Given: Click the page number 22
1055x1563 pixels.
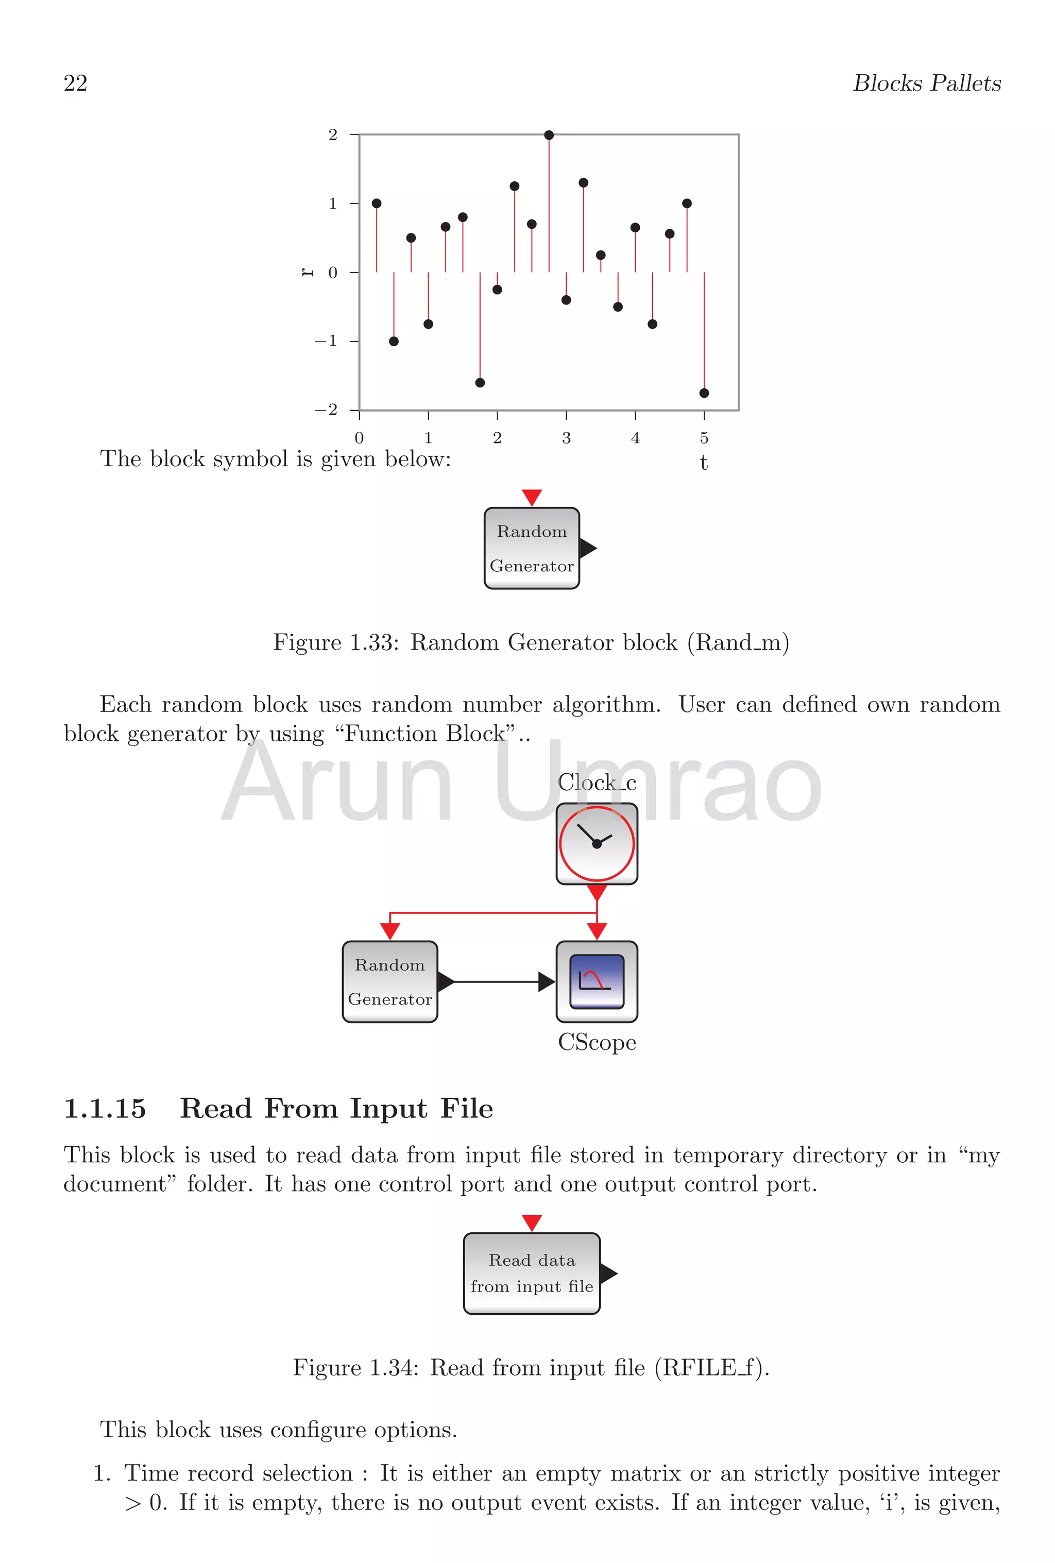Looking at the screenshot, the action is [x=75, y=83].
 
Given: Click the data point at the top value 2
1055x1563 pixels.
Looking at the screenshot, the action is [x=549, y=135].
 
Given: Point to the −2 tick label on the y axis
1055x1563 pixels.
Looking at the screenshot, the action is [x=326, y=410].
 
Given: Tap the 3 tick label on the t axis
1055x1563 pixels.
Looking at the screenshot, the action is [x=566, y=438].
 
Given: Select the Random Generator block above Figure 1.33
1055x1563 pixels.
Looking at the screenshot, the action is [x=531, y=548].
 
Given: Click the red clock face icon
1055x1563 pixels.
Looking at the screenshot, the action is [x=597, y=843].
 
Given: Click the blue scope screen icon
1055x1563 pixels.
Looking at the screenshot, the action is [x=597, y=981].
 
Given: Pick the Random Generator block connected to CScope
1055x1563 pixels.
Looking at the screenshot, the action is [x=389, y=981].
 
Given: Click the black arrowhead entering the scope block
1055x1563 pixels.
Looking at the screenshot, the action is [x=547, y=982].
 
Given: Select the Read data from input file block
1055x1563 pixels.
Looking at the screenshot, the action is [x=531, y=1272].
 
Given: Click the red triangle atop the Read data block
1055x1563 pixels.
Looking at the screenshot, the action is [x=531, y=1222].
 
